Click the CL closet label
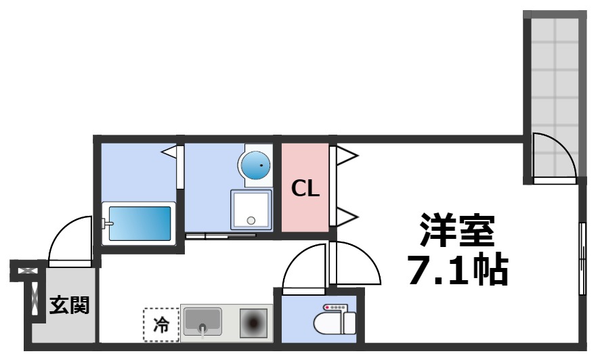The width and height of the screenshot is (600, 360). [x=305, y=189]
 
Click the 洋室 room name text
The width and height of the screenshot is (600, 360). [x=457, y=233]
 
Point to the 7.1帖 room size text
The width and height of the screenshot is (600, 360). [x=457, y=270]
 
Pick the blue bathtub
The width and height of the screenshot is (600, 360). [x=139, y=223]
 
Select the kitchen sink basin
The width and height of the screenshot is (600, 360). [x=202, y=321]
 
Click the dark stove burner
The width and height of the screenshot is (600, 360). [x=255, y=322]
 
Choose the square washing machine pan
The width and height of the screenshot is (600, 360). [x=251, y=210]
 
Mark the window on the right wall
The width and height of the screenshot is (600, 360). [x=582, y=258]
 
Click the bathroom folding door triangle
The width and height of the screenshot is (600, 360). [x=171, y=152]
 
